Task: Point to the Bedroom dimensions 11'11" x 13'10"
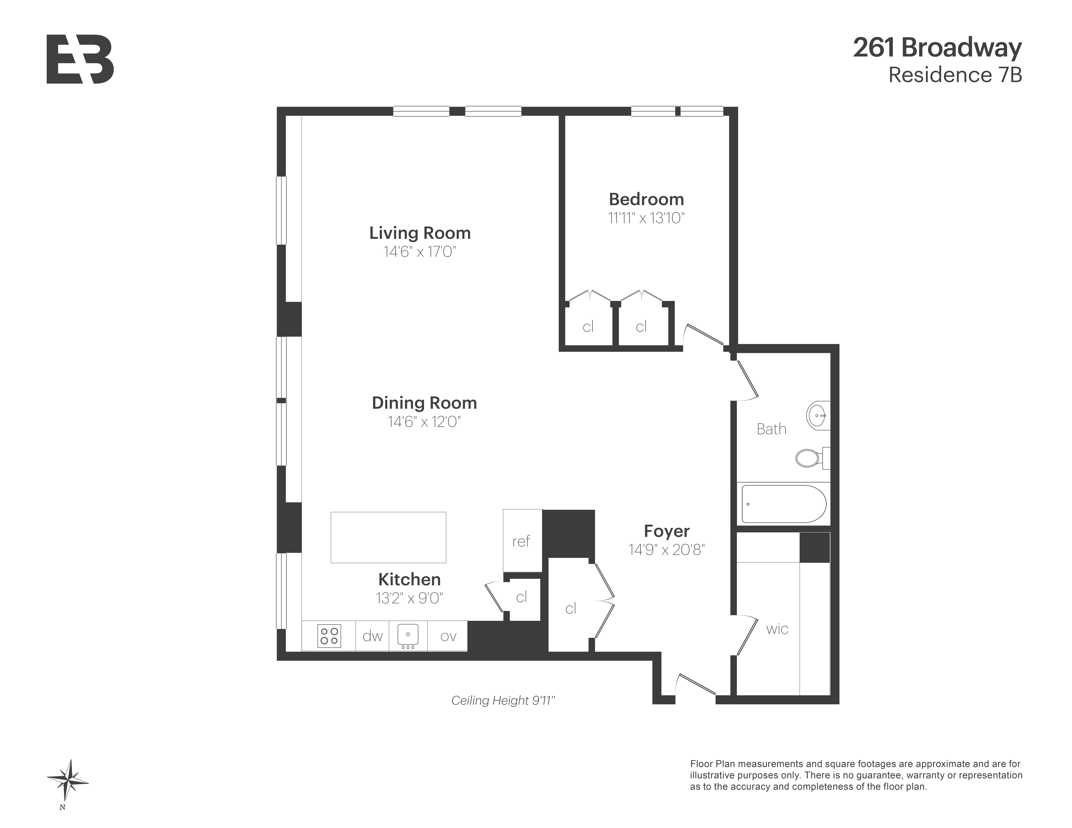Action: click(x=646, y=218)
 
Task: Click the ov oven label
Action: click(x=448, y=636)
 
